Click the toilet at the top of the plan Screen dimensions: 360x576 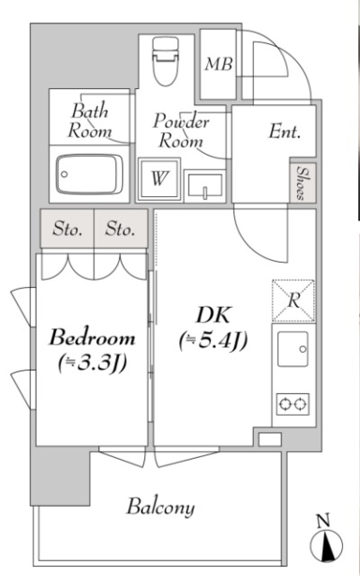(166, 61)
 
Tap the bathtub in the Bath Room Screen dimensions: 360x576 (90, 174)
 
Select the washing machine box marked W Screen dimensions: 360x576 (159, 179)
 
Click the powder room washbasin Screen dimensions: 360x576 (205, 185)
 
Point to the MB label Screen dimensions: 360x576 (219, 64)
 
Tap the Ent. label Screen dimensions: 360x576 (284, 131)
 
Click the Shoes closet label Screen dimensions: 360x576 (302, 183)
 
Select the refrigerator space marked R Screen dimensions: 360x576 (293, 301)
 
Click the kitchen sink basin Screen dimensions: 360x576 (292, 349)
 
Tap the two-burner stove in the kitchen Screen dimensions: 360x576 (292, 404)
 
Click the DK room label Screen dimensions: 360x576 (214, 315)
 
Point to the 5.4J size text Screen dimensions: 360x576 (213, 342)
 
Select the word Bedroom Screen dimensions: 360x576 (92, 337)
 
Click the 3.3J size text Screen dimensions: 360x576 (92, 363)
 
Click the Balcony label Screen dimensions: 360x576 (160, 508)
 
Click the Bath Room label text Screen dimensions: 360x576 (89, 121)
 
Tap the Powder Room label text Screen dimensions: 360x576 (181, 130)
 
